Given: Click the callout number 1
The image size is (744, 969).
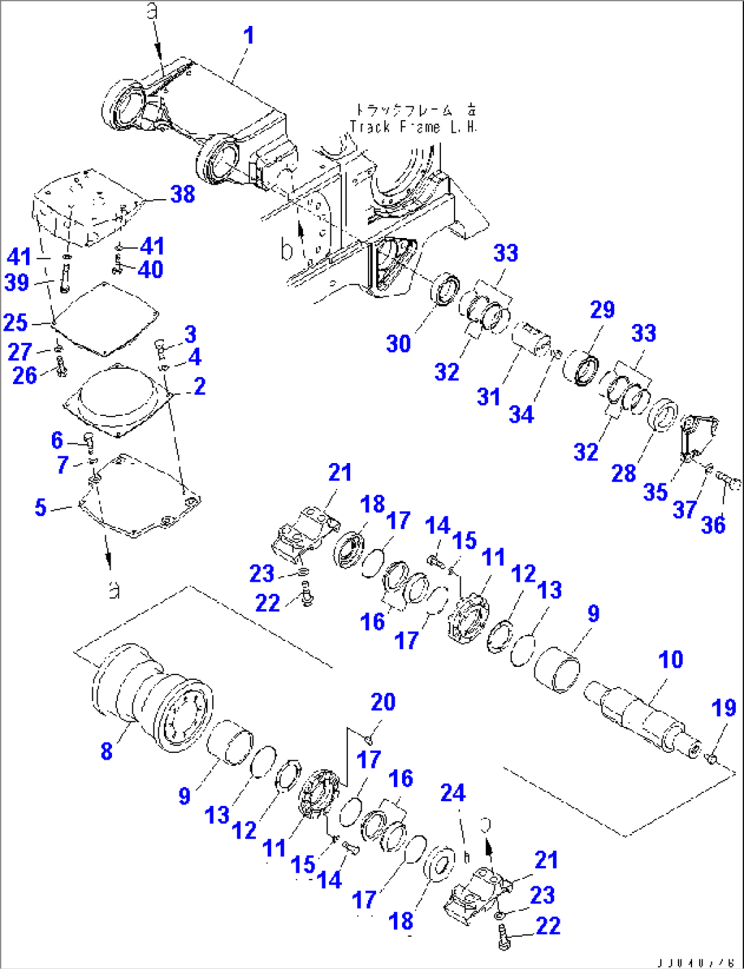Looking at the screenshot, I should pos(248,35).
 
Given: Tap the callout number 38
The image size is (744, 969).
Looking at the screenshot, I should pos(182,194).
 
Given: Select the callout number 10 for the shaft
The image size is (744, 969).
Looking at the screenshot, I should pos(670,659).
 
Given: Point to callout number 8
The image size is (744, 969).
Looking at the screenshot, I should pos(106,751).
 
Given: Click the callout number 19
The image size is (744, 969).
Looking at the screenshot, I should pos(724,709).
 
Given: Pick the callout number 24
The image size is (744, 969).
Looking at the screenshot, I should pos(453,793).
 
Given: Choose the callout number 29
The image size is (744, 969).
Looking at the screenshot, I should pos(602,310).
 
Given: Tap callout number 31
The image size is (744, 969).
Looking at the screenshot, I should pos(489,396).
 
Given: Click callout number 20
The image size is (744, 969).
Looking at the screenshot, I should pos(383,702).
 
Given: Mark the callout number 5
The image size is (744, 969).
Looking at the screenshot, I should pos(40,507).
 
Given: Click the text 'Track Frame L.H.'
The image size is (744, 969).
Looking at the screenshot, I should pos(414,127).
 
